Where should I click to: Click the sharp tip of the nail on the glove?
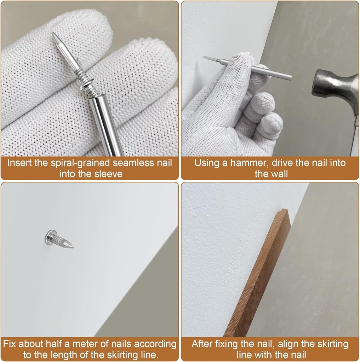[52, 33]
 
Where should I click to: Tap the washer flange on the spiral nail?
[86, 82]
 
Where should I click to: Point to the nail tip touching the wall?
[204, 57]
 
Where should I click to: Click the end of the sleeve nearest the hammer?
[290, 76]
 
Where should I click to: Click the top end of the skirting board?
[283, 210]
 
